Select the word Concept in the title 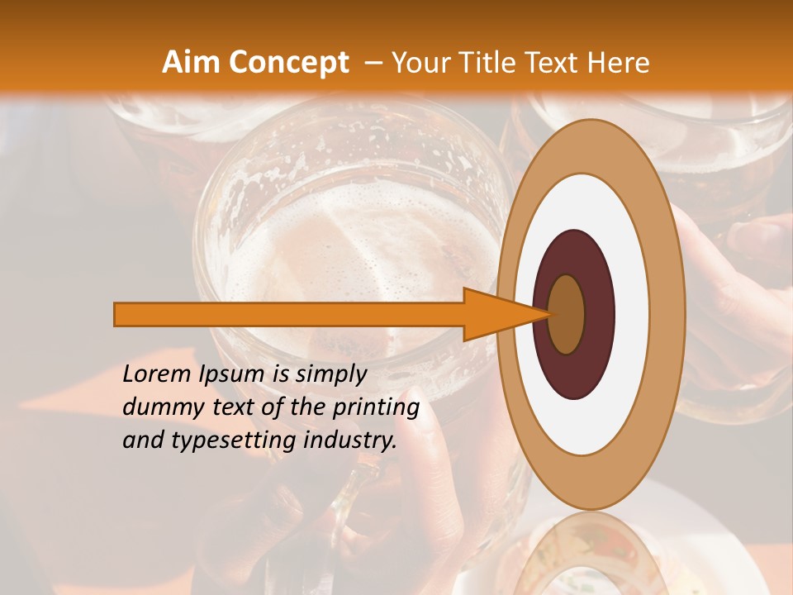tap(288, 63)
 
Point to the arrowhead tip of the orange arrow tap(548, 315)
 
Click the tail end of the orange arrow tap(116, 315)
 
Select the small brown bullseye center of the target tap(566, 315)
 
